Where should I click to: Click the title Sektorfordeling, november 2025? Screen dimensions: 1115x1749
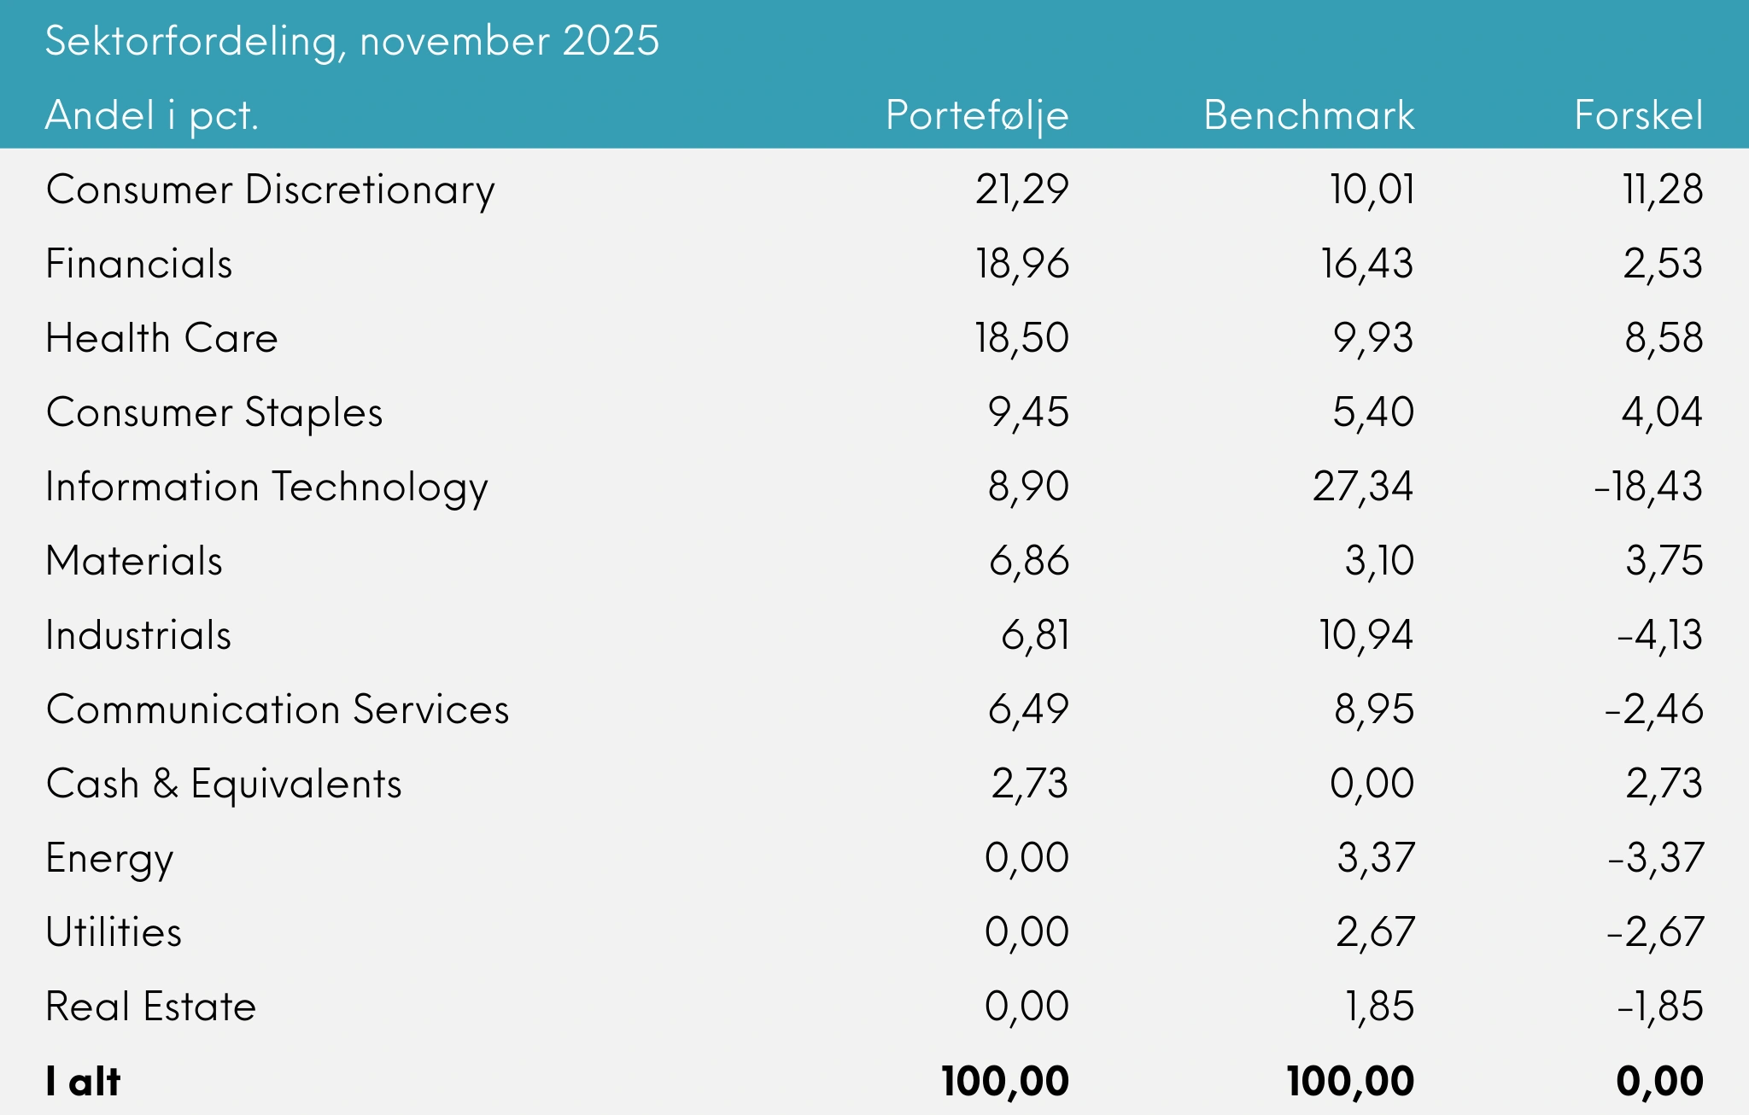point(352,41)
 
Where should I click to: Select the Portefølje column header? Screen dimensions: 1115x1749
point(977,116)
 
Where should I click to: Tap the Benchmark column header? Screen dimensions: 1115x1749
point(1308,116)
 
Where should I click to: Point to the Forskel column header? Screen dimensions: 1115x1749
point(1638,116)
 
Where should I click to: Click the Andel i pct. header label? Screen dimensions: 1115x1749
point(151,116)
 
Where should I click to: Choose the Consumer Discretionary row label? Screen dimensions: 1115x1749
point(270,190)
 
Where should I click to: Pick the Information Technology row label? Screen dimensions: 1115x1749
point(266,487)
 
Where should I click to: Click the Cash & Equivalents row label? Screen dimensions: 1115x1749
point(224,785)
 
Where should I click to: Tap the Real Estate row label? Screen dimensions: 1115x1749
point(150,1007)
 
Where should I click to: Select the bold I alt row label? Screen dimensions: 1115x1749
point(83,1082)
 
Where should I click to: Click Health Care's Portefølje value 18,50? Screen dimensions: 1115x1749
point(1021,339)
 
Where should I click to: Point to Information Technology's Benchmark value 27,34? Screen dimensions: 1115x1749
point(1363,487)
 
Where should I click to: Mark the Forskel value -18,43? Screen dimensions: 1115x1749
point(1648,487)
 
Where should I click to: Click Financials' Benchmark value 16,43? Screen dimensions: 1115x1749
point(1366,265)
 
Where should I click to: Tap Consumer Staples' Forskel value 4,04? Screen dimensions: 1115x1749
point(1662,413)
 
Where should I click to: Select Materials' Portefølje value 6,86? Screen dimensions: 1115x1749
point(1028,562)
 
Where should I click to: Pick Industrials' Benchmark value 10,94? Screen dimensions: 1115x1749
point(1366,636)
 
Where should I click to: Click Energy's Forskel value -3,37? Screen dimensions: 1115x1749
point(1655,859)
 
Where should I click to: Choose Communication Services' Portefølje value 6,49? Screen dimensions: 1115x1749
point(1028,710)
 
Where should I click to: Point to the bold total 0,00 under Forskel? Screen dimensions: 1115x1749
point(1659,1082)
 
